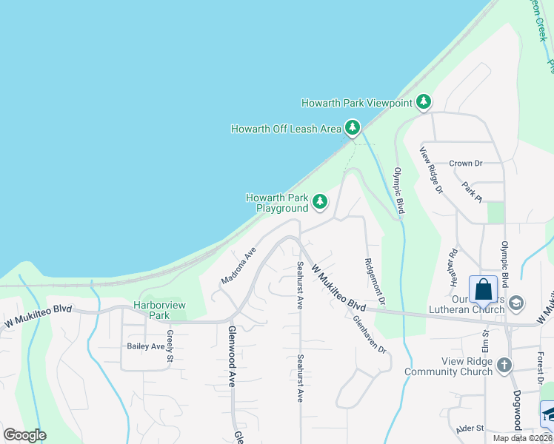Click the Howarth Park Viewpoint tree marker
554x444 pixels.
423,101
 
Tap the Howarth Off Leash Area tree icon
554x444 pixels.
353,128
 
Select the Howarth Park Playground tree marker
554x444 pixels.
320,201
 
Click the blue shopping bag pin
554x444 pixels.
483,290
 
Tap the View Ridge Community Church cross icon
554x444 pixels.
504,365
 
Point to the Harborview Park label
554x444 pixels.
157,310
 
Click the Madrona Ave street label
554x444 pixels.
238,266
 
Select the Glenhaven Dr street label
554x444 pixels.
370,334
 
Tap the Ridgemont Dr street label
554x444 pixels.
375,281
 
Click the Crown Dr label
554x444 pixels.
466,164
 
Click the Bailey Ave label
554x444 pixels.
146,346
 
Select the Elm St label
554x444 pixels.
487,345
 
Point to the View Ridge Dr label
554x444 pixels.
430,170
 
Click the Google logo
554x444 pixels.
24,435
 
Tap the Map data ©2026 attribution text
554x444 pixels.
522,438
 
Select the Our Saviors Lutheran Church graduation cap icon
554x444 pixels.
517,303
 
